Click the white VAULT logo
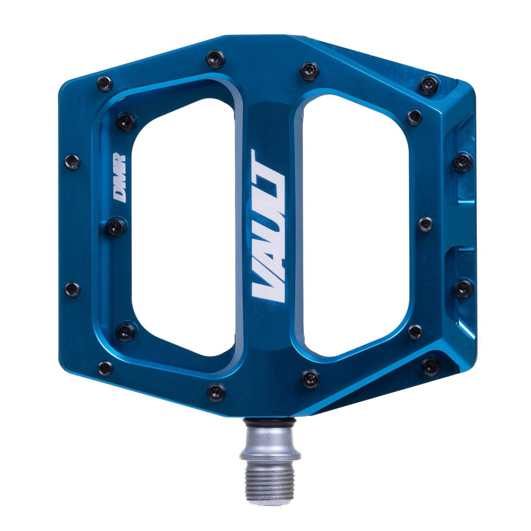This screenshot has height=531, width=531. pos(269,226)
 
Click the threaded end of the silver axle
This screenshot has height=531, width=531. pos(270,478)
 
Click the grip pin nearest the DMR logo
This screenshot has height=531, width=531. pos(116,227)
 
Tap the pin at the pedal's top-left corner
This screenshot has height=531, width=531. pos(105,83)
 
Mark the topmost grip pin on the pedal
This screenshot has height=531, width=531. pos(216,58)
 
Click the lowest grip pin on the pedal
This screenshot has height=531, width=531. pos(216,392)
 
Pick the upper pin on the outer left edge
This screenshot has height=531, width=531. pos(72,161)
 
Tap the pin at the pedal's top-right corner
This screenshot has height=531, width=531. pos(429,84)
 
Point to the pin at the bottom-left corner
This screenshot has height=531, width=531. pos(105,367)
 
